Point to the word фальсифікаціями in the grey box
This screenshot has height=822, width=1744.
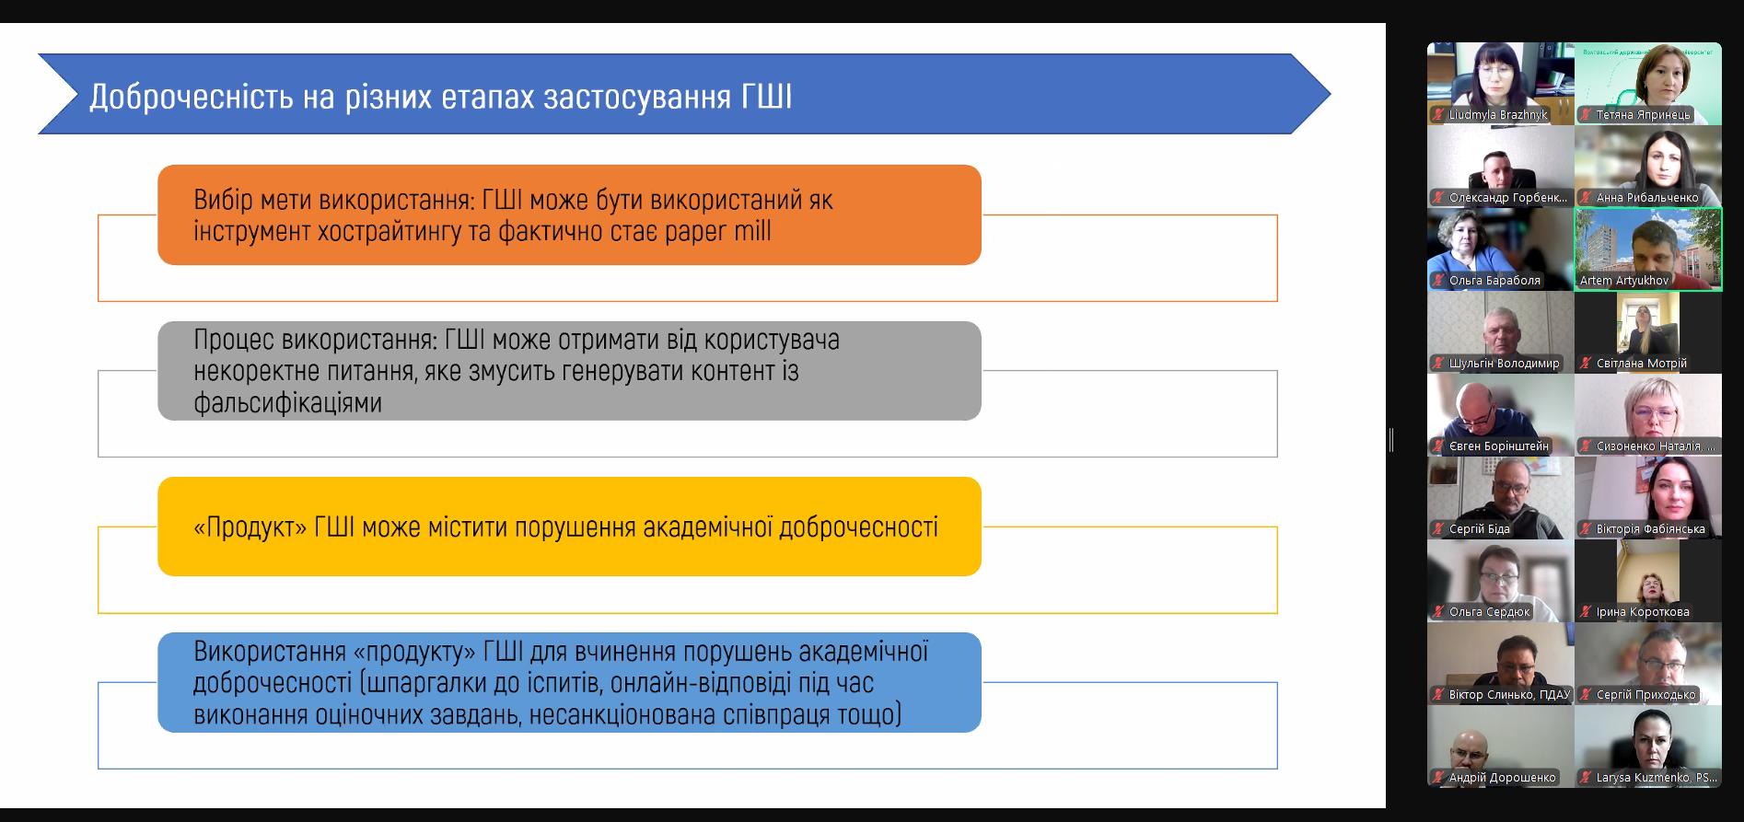pos(287,402)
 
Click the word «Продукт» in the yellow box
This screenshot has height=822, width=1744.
pos(250,527)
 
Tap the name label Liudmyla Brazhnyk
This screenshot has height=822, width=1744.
pos(1498,115)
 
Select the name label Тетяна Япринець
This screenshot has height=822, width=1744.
pos(1644,115)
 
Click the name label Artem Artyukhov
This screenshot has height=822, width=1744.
pos(1624,281)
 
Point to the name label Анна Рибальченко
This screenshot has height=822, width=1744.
pos(1647,198)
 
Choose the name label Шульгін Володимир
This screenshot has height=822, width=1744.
pos(1505,364)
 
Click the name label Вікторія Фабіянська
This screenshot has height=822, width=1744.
pos(1651,529)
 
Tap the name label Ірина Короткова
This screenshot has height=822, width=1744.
pos(1643,612)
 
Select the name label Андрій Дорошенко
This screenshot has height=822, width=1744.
pos(1503,778)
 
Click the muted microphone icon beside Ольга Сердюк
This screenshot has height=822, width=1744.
pos(1438,612)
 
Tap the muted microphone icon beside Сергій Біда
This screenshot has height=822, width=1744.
pos(1438,529)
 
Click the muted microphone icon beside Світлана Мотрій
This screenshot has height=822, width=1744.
pos(1586,364)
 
